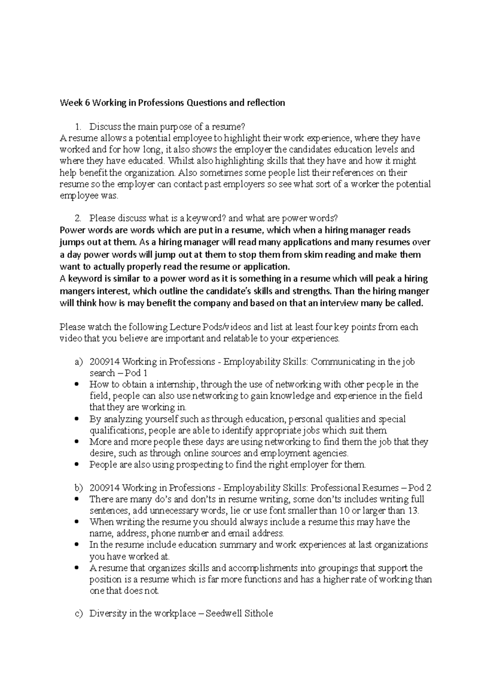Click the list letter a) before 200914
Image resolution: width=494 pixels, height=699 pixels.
pos(79,362)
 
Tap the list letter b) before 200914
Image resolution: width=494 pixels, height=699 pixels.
pos(79,488)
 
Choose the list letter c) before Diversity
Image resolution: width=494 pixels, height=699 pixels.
pos(79,613)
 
